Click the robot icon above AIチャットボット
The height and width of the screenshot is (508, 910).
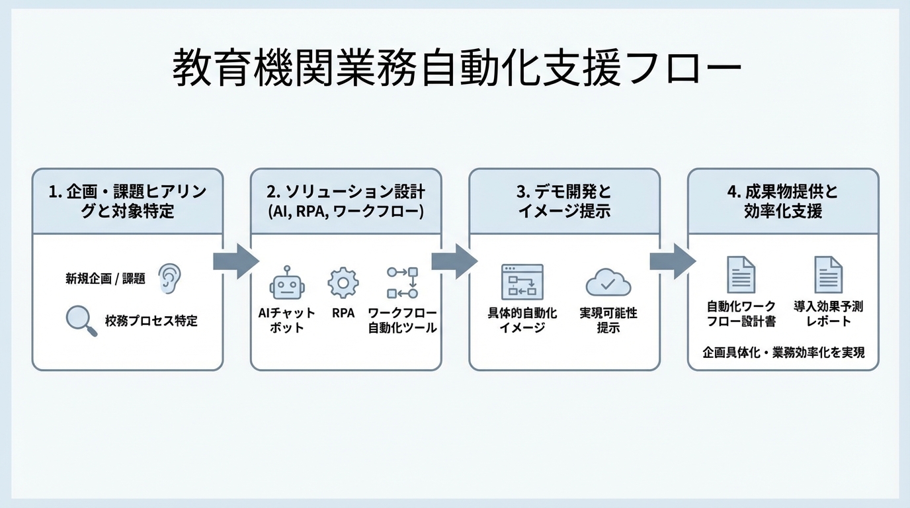(286, 283)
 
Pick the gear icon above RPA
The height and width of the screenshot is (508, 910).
(343, 282)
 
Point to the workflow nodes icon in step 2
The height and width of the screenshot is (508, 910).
(402, 282)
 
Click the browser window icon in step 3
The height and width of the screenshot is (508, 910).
(522, 282)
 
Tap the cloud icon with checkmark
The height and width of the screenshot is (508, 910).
(608, 283)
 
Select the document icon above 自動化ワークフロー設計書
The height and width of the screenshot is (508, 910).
(741, 275)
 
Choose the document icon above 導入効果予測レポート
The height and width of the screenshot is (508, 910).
(828, 275)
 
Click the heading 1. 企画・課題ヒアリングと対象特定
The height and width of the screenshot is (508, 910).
(128, 201)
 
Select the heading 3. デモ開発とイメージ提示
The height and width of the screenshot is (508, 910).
(564, 201)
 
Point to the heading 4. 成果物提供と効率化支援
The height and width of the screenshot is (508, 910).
(783, 201)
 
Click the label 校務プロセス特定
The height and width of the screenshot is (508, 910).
(151, 321)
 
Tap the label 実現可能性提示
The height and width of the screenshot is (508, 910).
(608, 320)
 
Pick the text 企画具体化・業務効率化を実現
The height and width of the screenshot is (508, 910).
(783, 352)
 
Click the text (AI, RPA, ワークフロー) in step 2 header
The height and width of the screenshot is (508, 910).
(345, 211)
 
